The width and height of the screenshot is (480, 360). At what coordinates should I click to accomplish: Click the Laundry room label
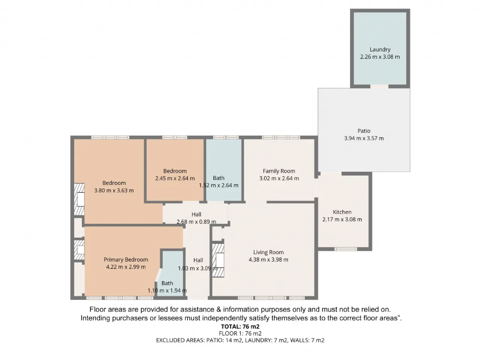coord(380,50)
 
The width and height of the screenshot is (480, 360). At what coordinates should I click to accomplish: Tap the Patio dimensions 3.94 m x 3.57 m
coord(364,138)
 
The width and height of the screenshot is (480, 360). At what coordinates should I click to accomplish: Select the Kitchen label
coord(342,212)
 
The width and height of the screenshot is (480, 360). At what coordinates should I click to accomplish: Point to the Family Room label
coord(279,171)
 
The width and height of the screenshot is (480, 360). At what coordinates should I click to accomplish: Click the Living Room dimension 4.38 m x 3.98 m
coord(268,259)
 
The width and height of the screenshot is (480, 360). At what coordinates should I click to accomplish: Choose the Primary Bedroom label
coord(126,259)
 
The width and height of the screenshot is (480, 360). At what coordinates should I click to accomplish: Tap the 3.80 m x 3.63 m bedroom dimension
coord(114,190)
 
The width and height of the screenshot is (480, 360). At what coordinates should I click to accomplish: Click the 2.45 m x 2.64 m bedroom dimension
coord(175,178)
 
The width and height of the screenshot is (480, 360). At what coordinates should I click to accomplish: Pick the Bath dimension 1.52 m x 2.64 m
coord(219,185)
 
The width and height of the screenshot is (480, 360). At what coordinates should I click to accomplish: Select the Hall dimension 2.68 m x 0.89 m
coord(196,222)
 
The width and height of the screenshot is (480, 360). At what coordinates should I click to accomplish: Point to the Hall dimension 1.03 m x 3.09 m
coord(198,268)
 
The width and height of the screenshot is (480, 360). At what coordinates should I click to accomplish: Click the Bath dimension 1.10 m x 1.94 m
coord(167,291)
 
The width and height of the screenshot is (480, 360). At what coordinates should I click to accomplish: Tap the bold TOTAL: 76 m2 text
coord(240,327)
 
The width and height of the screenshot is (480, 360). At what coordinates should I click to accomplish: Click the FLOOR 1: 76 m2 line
coord(240,333)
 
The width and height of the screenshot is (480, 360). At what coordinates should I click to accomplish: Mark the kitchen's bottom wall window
coord(345,249)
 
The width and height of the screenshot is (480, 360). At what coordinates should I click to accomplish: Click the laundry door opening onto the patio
coord(379,87)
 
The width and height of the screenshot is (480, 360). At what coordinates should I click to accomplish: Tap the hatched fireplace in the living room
coord(218,260)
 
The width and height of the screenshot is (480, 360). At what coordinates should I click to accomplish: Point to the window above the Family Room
coord(281,138)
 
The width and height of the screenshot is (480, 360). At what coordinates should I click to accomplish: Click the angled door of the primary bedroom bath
coord(158,275)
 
